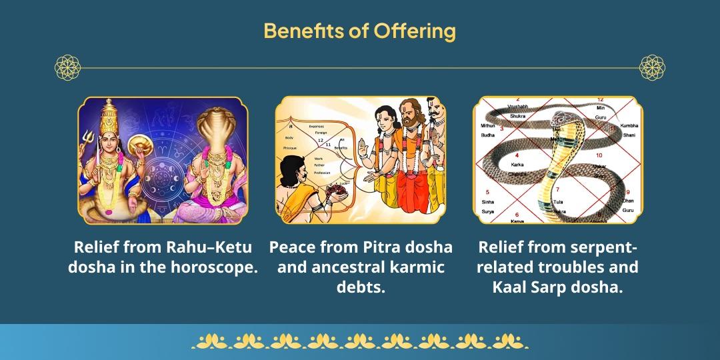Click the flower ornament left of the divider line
click(67, 67)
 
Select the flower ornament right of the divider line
click(652, 67)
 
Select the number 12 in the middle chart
click(321, 140)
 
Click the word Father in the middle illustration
click(319, 166)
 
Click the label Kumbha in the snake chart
click(629, 125)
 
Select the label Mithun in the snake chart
click(487, 125)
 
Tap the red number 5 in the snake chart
click(488, 192)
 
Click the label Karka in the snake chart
click(517, 164)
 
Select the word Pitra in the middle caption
click(389, 247)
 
